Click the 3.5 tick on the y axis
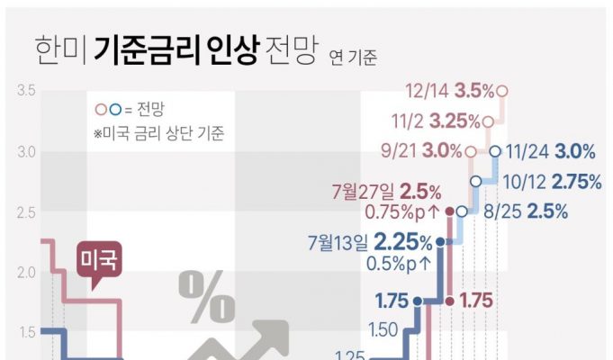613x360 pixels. tap(25, 91)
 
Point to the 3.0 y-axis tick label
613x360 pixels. tap(25, 151)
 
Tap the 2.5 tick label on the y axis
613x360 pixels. tap(25, 211)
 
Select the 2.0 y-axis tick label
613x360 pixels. tap(25, 272)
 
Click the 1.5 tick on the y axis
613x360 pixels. tap(25, 332)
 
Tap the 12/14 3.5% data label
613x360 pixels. tap(450, 91)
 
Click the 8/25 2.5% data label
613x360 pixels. tap(525, 211)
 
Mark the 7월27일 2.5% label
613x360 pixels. tap(386, 192)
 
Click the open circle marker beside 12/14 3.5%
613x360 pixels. tap(502, 91)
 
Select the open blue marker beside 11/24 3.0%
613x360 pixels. tap(496, 151)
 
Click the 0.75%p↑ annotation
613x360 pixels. tap(401, 212)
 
